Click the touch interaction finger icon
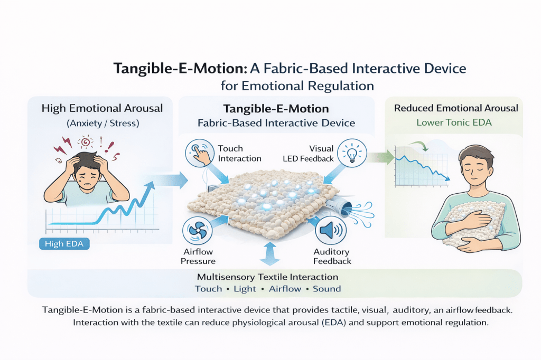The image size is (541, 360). pyautogui.click(x=200, y=152)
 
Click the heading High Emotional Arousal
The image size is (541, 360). pyautogui.click(x=101, y=109)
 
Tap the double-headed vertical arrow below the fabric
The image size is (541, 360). pyautogui.click(x=270, y=255)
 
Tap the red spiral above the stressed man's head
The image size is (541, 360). pyautogui.click(x=85, y=143)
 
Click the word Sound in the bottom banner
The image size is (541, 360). pyautogui.click(x=327, y=289)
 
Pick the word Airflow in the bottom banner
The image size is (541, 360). pyautogui.click(x=285, y=289)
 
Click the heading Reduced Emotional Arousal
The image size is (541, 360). pyautogui.click(x=456, y=109)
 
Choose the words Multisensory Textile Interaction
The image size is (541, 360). pyautogui.click(x=267, y=277)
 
